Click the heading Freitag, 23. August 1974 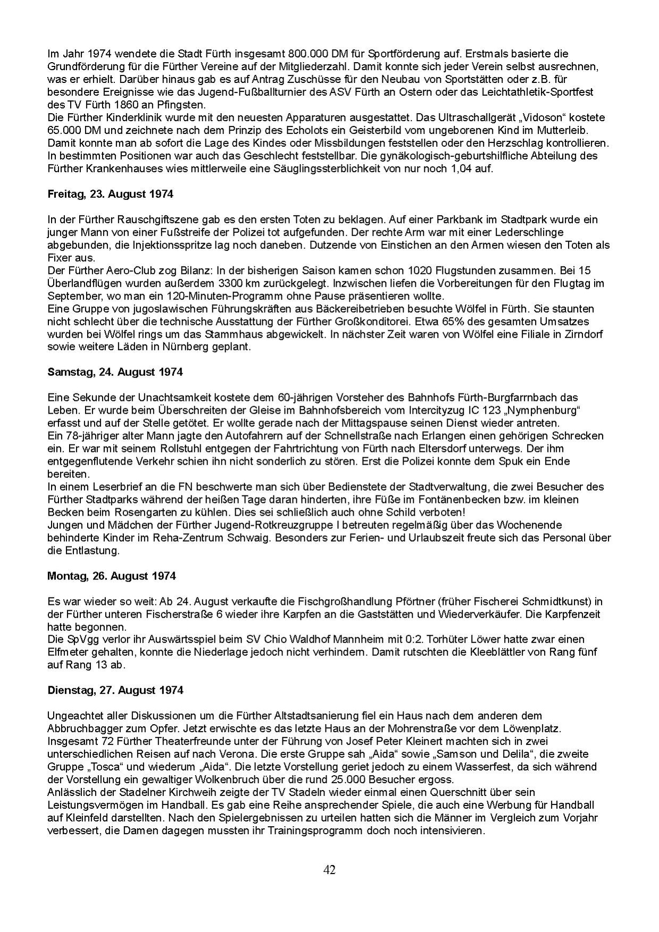pos(110,194)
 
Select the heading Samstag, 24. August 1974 pos(115,372)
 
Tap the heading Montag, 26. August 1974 pos(112,576)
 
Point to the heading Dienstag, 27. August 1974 pos(115,690)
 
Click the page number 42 pos(329,870)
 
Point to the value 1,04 pos(466,169)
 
